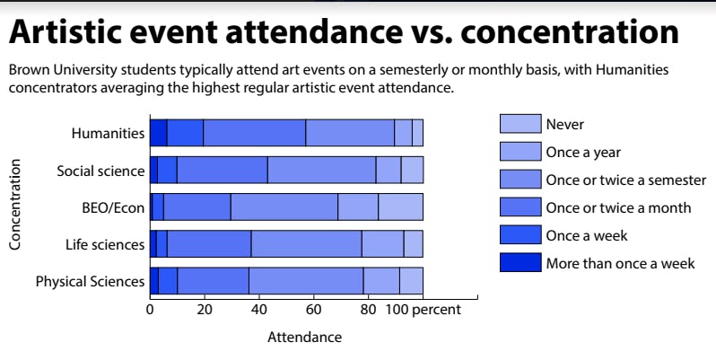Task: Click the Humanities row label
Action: tap(108, 133)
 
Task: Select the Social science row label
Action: tap(100, 171)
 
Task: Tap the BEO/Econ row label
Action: tap(113, 207)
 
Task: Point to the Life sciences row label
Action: tap(105, 244)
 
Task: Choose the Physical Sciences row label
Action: tap(90, 281)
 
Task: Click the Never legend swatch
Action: tap(520, 124)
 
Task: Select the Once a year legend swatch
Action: tap(520, 152)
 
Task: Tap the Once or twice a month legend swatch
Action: tap(520, 207)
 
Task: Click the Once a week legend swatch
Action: tap(520, 235)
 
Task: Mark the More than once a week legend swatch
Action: tap(520, 263)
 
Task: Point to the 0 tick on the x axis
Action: tap(150, 310)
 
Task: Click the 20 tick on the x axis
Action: tap(205, 310)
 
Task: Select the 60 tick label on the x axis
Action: tap(313, 310)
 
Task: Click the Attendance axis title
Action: tap(304, 338)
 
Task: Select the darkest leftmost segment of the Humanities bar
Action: tap(158, 132)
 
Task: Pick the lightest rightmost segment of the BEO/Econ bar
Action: tap(400, 206)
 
